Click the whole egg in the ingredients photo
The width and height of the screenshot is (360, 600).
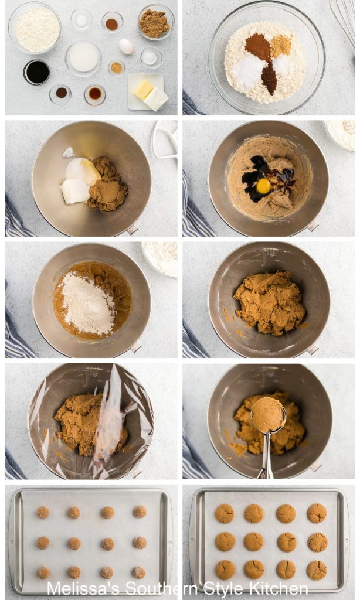pyautogui.click(x=126, y=46)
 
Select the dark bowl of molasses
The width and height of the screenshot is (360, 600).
pyautogui.click(x=36, y=72)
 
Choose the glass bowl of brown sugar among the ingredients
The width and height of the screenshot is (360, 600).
pyautogui.click(x=155, y=23)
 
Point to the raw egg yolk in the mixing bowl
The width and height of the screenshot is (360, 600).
pyautogui.click(x=264, y=186)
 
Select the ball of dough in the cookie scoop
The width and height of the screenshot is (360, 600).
pyautogui.click(x=268, y=414)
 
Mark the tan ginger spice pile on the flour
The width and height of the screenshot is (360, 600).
pyautogui.click(x=281, y=45)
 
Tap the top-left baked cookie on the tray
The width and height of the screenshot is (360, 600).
pyautogui.click(x=224, y=513)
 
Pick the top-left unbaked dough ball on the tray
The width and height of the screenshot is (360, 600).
pyautogui.click(x=43, y=512)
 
